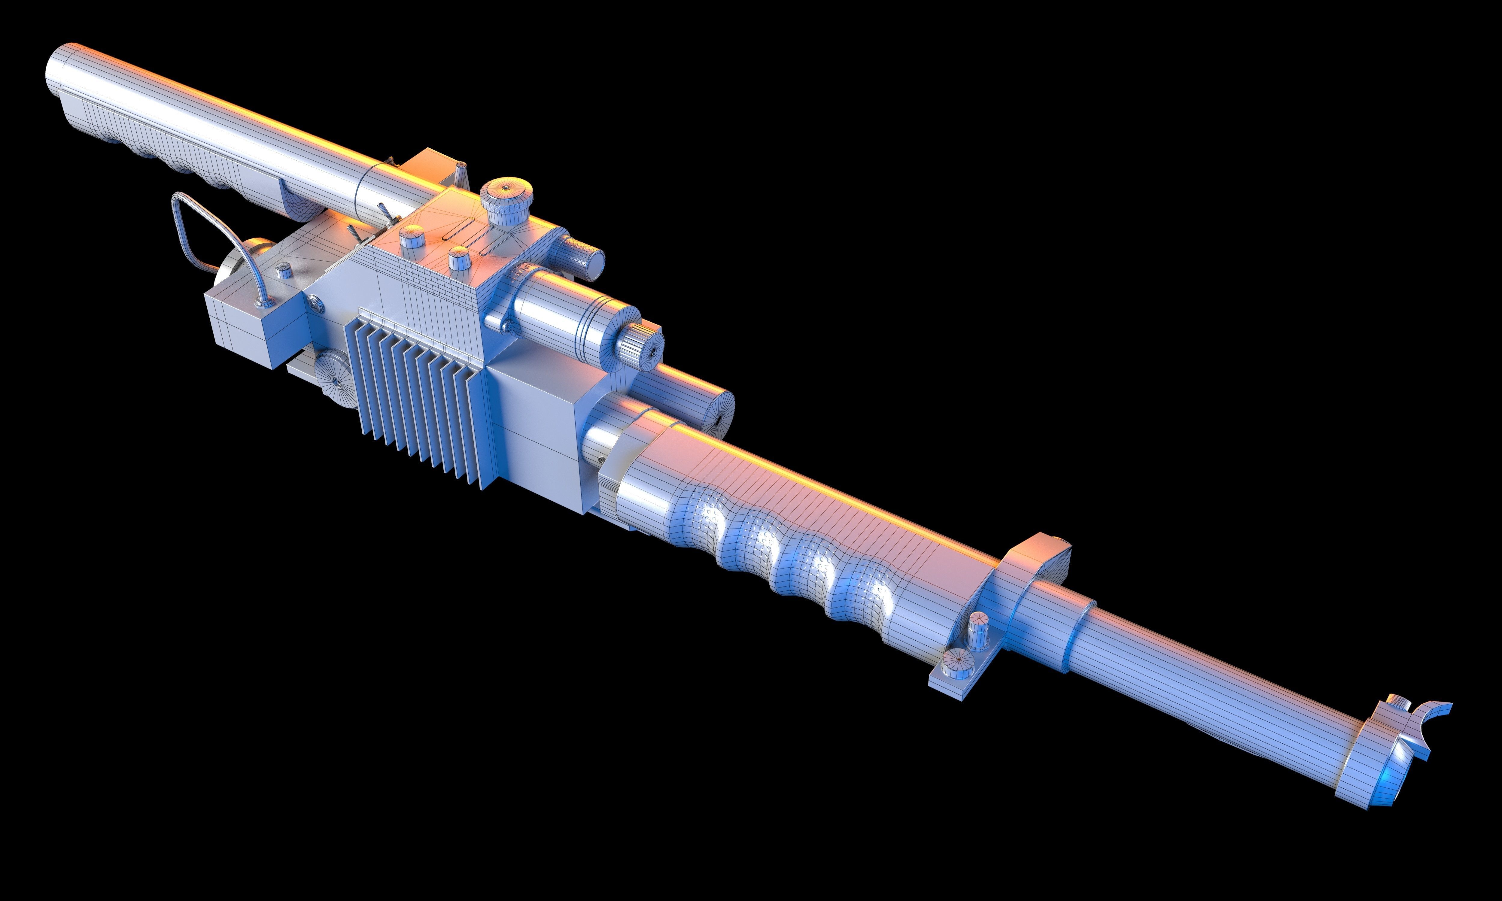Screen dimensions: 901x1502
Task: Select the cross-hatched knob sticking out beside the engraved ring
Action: [582, 258]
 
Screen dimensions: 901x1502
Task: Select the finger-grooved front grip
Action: [789, 546]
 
